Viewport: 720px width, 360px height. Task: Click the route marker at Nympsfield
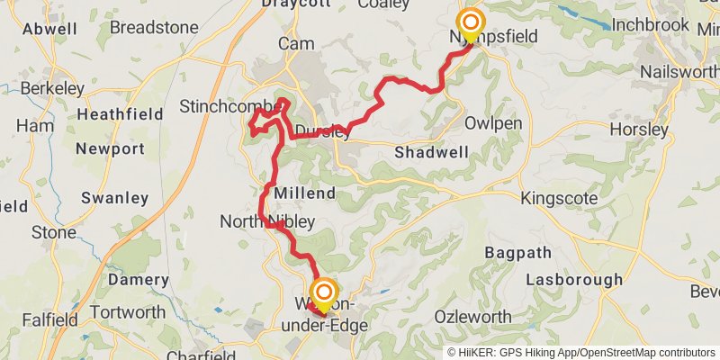470,23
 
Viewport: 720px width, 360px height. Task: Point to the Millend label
305,193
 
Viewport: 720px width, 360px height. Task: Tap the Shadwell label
431,152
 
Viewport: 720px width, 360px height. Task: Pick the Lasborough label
577,280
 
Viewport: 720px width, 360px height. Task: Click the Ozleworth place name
472,317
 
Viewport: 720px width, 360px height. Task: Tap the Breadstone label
154,28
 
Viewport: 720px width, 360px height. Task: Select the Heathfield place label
121,114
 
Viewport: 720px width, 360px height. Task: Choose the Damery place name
139,280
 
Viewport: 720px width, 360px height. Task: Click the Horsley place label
639,130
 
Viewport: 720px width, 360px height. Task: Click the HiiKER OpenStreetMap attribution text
581,352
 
